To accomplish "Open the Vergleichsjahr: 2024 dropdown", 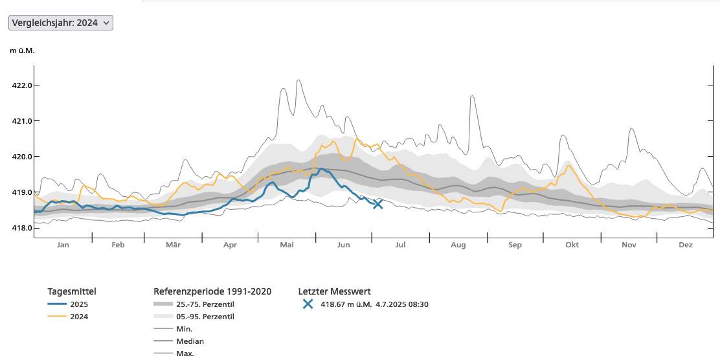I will [61, 23].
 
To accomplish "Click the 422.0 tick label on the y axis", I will [22, 85].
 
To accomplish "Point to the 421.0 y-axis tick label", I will [22, 121].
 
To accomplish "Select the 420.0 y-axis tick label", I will [22, 157].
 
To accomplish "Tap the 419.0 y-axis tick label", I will [22, 192].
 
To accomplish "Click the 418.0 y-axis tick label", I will [22, 228].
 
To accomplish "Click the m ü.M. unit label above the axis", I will [22, 51].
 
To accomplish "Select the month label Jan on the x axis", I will [63, 245].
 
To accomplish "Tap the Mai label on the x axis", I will [287, 245].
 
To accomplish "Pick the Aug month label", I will [458, 245].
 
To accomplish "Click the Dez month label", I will [686, 245].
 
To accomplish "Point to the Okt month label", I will [572, 245].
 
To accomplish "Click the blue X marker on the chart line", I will [378, 204].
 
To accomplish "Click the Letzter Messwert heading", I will [334, 291].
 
